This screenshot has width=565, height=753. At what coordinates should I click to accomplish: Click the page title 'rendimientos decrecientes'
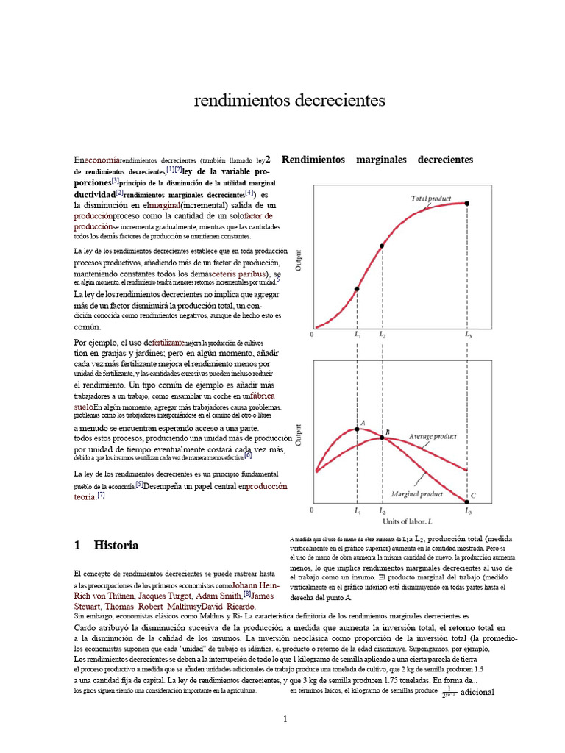click(x=289, y=100)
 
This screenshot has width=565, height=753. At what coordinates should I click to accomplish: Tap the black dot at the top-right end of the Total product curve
click(x=467, y=203)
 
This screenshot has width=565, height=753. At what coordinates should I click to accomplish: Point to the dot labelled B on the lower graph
click(x=381, y=438)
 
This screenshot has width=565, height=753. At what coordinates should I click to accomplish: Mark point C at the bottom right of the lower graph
click(x=466, y=499)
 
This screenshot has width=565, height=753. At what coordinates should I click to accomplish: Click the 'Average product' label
click(x=433, y=436)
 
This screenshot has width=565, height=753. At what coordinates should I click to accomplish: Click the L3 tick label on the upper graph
click(x=468, y=335)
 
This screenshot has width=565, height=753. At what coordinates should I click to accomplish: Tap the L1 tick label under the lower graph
click(x=357, y=510)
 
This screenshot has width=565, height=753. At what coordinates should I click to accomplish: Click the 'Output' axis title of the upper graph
click(x=299, y=260)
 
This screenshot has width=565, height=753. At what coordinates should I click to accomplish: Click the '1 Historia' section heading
click(x=107, y=546)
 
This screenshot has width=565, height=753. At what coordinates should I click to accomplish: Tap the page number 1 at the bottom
click(x=285, y=719)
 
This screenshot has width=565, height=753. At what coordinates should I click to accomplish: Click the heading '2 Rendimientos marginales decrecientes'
click(x=369, y=160)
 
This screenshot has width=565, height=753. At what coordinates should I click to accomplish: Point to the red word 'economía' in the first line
click(x=102, y=160)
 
